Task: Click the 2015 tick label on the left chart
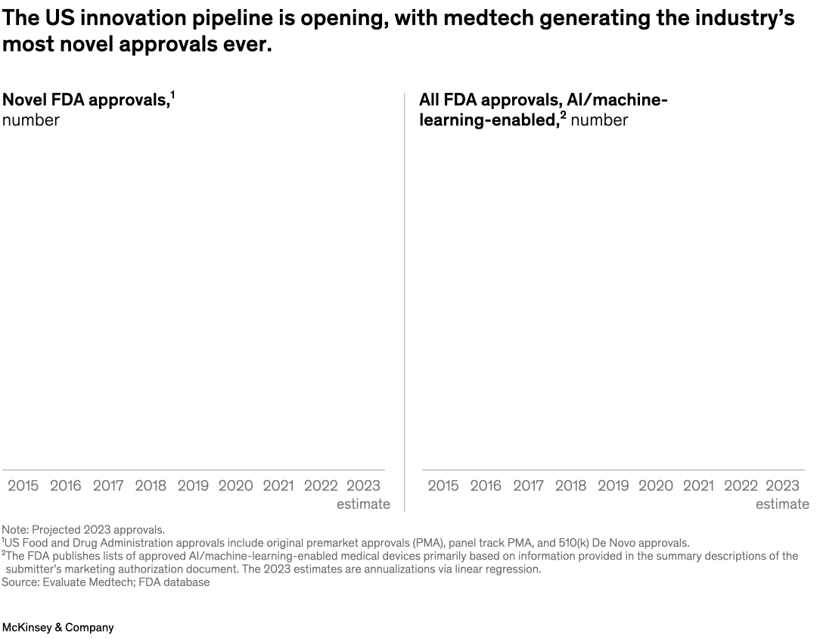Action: [23, 485]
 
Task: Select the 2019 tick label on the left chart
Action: [193, 485]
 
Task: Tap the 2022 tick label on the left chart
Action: [321, 485]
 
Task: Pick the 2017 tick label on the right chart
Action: [528, 485]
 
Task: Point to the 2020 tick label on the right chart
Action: [656, 485]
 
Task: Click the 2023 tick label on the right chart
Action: [782, 485]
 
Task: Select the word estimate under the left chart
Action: [363, 504]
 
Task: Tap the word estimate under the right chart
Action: [782, 504]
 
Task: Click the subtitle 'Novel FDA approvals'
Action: [85, 100]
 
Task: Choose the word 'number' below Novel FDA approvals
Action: [31, 119]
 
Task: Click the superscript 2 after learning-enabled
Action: [563, 115]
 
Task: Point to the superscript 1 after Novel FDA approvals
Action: [172, 95]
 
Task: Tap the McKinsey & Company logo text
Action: [57, 628]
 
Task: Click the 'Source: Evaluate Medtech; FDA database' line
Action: [105, 582]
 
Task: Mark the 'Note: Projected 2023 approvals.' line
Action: [82, 529]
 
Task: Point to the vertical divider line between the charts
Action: [405, 302]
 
